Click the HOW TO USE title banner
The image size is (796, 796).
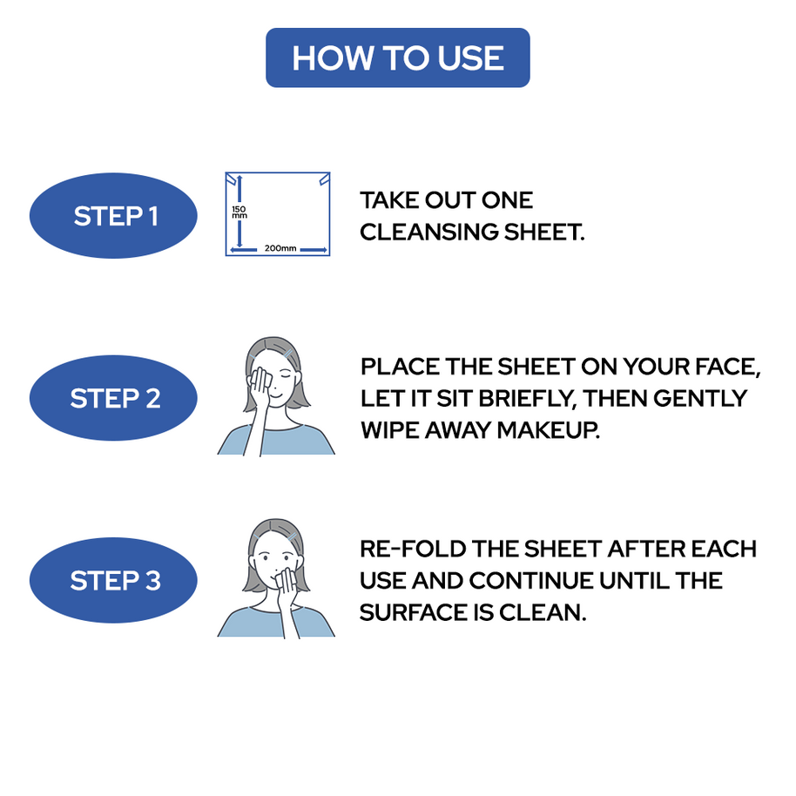(397, 57)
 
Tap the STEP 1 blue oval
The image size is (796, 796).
(115, 216)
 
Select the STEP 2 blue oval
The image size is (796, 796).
(115, 399)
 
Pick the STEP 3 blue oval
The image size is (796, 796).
(115, 581)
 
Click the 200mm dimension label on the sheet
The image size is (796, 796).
(280, 248)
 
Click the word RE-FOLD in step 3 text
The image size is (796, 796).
(413, 549)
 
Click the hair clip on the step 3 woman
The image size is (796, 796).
(292, 536)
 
